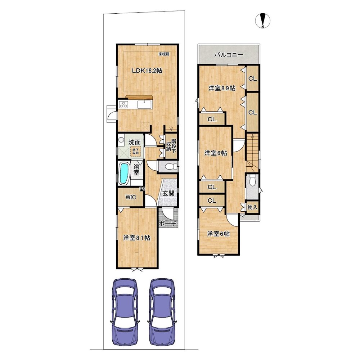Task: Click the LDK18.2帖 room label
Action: (147, 71)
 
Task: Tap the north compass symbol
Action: (263, 21)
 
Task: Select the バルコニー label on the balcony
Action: (229, 55)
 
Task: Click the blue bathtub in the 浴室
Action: (124, 172)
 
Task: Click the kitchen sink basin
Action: (145, 105)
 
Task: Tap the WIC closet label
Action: (131, 197)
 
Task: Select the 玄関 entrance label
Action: (168, 193)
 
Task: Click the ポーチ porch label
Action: (168, 224)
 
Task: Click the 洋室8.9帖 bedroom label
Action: (222, 88)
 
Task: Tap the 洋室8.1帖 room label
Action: (137, 238)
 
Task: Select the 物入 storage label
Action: (252, 207)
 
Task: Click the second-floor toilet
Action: (252, 180)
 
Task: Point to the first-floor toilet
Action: (170, 166)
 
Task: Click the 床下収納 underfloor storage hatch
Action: (135, 152)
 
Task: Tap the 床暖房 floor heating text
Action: (165, 54)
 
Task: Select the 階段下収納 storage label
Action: (171, 146)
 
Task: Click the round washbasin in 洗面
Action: (121, 140)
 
